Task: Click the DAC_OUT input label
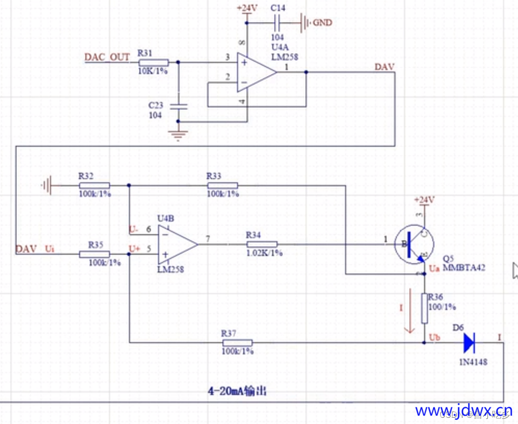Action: coord(107,57)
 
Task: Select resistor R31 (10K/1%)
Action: coord(153,62)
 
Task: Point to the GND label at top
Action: coord(322,23)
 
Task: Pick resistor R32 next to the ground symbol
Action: coord(94,185)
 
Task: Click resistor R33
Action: coord(222,185)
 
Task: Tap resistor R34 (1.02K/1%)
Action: coord(261,244)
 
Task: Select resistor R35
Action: coord(94,254)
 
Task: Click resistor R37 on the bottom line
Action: coord(237,343)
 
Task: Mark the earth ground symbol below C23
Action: coord(179,136)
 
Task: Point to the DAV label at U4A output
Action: coord(384,66)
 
